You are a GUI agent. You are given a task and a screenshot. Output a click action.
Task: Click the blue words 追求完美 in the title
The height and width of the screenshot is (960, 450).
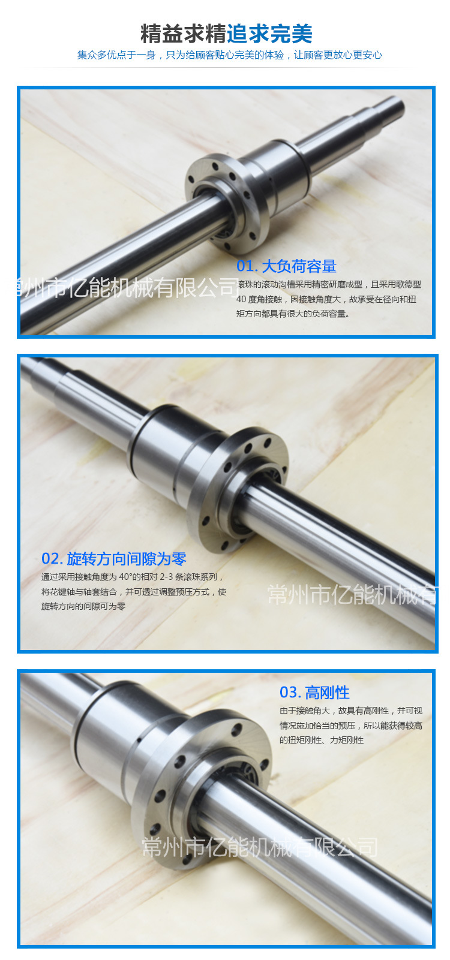[269, 34]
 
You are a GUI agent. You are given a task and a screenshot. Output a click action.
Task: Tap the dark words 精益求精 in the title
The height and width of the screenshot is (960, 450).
[183, 34]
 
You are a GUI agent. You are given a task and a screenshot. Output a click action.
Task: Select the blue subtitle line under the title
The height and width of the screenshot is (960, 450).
[230, 55]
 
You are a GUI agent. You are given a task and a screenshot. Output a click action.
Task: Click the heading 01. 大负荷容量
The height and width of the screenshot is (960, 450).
[286, 266]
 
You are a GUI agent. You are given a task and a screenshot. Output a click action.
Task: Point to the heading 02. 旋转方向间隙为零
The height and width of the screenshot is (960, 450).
[113, 559]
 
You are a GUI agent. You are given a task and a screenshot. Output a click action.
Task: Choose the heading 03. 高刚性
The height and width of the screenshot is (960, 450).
[314, 693]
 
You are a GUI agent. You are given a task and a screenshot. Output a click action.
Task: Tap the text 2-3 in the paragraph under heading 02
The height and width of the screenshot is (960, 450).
[166, 577]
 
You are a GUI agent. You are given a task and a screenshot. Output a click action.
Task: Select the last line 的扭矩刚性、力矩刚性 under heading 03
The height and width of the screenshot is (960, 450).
[322, 740]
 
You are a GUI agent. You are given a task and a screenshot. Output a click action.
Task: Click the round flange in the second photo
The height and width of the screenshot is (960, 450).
[238, 489]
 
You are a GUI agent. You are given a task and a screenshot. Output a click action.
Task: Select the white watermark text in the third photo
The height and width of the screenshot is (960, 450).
[260, 847]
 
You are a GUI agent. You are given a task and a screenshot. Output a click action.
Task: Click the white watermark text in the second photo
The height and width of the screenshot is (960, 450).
[352, 595]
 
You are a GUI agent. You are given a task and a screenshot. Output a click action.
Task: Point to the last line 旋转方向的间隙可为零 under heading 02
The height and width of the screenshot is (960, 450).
[83, 606]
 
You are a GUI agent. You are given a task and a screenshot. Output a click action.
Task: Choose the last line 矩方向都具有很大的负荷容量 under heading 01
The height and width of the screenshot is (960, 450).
[293, 314]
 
